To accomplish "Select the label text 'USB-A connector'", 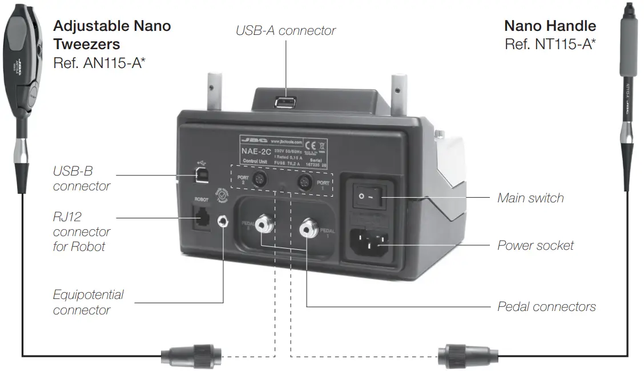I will click(285, 30).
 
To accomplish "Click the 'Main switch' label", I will click(530, 198).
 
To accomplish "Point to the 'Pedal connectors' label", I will click(546, 306).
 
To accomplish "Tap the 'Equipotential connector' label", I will click(88, 302).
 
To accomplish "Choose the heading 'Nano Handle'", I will click(550, 26).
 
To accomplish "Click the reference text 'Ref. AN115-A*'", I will click(99, 62).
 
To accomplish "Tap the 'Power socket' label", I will click(536, 245).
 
